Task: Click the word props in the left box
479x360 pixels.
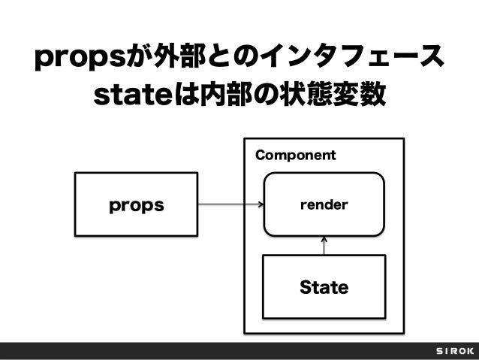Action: pos(136,204)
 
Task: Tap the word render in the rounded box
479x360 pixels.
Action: pos(324,204)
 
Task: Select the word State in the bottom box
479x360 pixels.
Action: pos(324,287)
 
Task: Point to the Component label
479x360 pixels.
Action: pos(295,156)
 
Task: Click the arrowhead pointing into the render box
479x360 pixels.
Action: pos(261,204)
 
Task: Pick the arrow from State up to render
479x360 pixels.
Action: pos(324,246)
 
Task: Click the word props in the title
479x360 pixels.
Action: pos(82,58)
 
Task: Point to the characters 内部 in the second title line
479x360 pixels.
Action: pos(221,95)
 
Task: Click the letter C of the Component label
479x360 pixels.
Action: pos(260,156)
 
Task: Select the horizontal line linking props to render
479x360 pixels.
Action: pos(225,204)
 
